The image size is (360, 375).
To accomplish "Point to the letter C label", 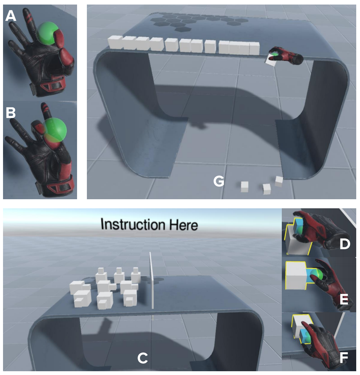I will [142, 358].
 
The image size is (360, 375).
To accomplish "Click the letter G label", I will [219, 182].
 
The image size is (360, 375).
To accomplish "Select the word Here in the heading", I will [183, 225].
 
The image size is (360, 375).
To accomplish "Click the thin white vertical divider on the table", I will [151, 280].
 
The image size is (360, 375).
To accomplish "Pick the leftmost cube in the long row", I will [115, 42].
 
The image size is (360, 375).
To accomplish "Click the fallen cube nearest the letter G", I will [245, 186].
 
